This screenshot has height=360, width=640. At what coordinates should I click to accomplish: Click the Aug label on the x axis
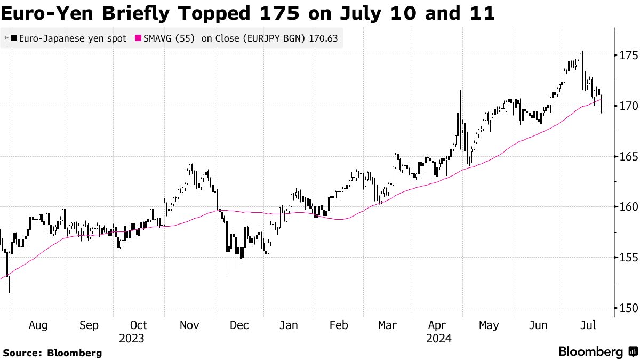(38, 325)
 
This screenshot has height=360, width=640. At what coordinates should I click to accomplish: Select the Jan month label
(289, 325)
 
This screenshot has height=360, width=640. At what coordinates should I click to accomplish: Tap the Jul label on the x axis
(588, 325)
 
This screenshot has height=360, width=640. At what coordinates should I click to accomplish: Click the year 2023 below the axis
(131, 338)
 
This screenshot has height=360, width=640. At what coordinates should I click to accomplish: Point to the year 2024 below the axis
(439, 338)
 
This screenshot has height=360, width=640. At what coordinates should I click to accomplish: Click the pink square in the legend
(138, 38)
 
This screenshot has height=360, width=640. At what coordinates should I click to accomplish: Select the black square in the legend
(13, 38)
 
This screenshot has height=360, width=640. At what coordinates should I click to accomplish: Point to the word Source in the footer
(21, 353)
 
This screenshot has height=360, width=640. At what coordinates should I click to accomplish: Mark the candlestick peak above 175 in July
(582, 53)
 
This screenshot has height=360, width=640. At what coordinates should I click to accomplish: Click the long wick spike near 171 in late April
(460, 92)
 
